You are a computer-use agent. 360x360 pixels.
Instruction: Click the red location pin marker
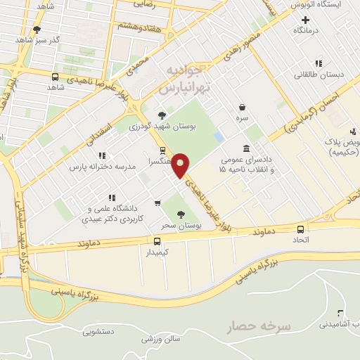pos(181,165)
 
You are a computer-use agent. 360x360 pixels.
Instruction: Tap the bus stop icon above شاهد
pos(55,77)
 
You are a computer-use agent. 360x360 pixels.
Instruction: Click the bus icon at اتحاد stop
pos(301,229)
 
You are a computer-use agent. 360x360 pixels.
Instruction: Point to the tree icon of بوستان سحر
pos(181,214)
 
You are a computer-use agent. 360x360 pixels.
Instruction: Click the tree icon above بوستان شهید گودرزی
pos(162,115)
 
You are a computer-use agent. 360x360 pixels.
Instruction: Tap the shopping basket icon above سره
pos(242,108)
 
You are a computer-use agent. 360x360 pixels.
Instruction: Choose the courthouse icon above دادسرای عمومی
pos(245,148)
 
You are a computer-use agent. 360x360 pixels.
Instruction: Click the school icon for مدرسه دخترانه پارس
pos(102,155)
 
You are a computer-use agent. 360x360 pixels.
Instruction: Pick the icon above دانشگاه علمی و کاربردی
pos(110,198)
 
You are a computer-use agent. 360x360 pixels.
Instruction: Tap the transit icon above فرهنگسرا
pos(163,150)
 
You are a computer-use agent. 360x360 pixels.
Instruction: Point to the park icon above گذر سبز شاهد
pos(37,30)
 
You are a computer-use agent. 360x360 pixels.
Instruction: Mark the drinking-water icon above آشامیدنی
pos(340,314)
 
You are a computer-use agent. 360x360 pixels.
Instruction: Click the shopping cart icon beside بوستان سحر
pos(157,204)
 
